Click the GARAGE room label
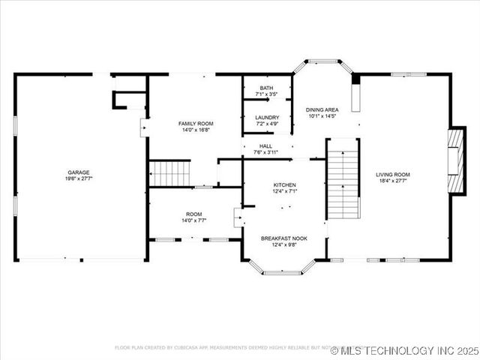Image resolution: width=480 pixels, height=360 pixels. pos(79,172)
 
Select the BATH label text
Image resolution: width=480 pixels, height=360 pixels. pos(267,88)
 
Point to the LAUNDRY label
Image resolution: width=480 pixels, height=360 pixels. pos(267,117)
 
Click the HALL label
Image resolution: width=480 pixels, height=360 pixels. pos(266,146)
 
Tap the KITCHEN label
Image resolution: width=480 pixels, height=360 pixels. pos(284,184)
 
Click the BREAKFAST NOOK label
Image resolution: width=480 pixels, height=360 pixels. pos(284,238)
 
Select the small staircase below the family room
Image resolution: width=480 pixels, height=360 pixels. pos(169,173)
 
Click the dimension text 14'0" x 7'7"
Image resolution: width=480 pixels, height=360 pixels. pos(194,220)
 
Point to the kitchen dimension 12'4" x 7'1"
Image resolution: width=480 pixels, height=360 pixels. pos(284,191)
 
